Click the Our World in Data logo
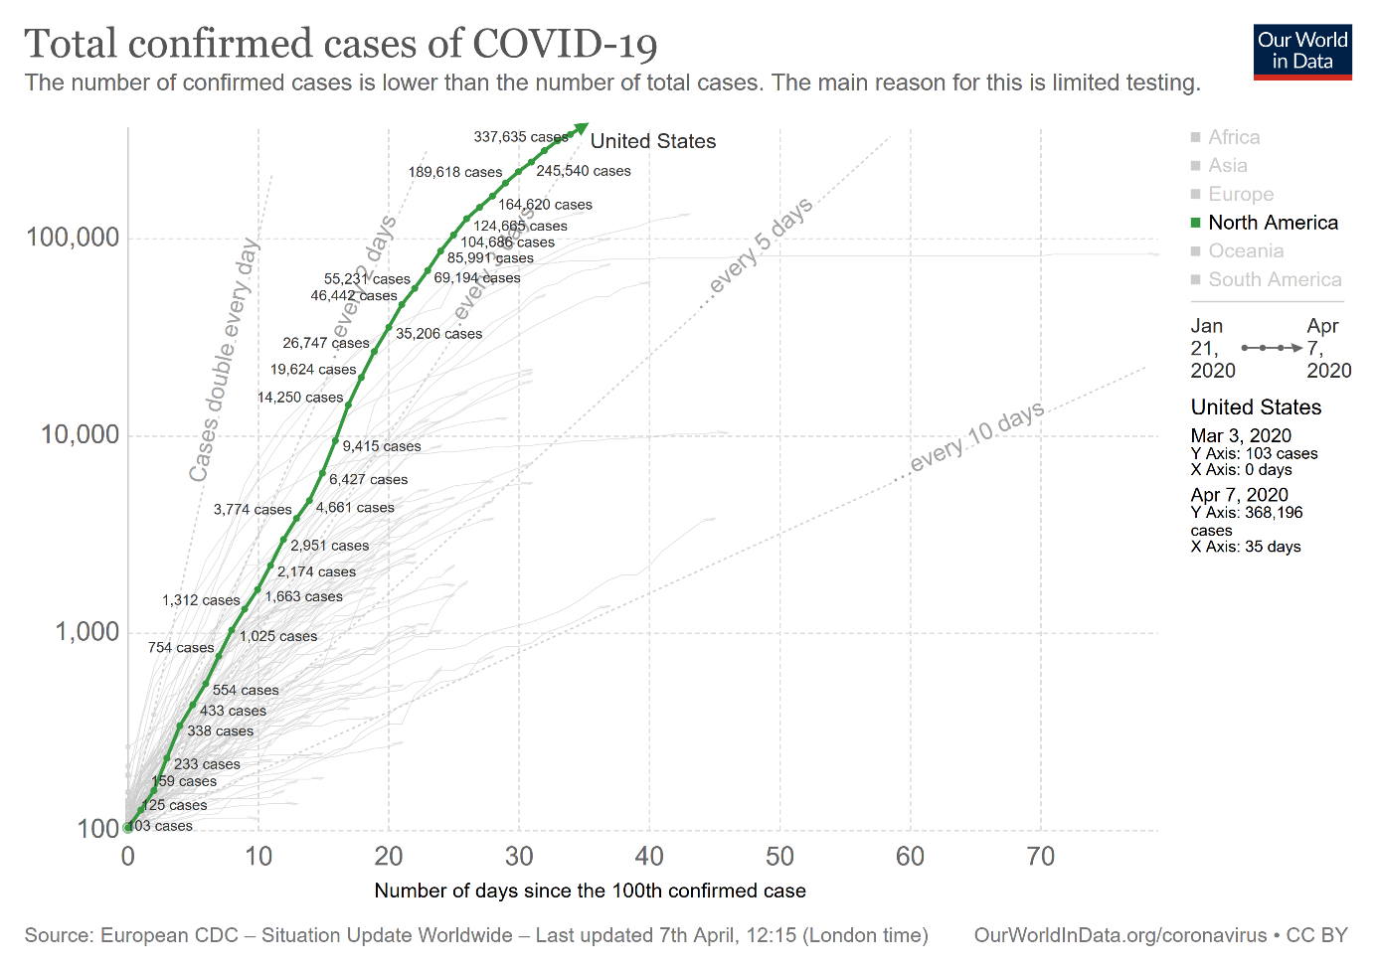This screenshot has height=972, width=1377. [1302, 52]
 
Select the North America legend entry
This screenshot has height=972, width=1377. [1273, 223]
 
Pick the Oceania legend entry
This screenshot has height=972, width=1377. [1246, 251]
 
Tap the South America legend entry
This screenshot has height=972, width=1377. [1274, 280]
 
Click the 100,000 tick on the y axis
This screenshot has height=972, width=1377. [73, 238]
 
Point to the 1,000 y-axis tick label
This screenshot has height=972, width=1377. [86, 632]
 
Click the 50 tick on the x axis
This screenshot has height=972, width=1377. [779, 857]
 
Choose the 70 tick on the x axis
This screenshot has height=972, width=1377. [1040, 857]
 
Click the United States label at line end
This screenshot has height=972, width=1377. [653, 141]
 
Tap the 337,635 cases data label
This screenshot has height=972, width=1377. [520, 137]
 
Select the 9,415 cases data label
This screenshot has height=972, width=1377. [382, 446]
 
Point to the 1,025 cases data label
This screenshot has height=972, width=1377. [278, 636]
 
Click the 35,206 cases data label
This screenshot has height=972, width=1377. [438, 334]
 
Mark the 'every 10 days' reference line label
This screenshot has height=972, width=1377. [976, 436]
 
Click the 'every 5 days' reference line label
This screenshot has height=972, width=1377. [761, 245]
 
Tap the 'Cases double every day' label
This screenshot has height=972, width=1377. [224, 360]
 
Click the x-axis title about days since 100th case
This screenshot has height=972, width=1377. [590, 891]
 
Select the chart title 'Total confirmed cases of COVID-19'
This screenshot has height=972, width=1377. [341, 44]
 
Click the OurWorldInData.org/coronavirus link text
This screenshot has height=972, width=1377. [1119, 935]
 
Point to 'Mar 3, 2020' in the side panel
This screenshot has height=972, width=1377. [1241, 435]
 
